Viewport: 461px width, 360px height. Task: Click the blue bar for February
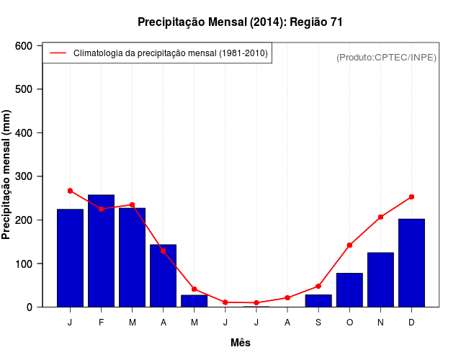[x=101, y=251]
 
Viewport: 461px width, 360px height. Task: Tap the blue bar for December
[x=411, y=263]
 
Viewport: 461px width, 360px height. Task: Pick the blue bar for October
[x=349, y=290]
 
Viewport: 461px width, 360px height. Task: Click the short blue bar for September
[x=318, y=301]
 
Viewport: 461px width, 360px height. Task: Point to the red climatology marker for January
[x=70, y=191]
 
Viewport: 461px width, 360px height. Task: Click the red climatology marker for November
[x=380, y=217]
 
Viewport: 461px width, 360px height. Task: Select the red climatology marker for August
[x=287, y=297]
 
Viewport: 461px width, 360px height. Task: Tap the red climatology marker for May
[x=194, y=289]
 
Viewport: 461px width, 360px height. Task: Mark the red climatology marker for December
[x=411, y=197]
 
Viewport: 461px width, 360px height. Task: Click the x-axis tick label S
[x=318, y=323]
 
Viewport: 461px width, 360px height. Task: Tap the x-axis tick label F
[x=101, y=323]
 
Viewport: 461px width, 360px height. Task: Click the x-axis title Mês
[x=241, y=343]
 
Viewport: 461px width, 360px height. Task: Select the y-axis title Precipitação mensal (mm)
[x=8, y=176]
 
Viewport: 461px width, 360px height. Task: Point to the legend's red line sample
[x=58, y=53]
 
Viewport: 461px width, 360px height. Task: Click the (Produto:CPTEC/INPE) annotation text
[x=386, y=57]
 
